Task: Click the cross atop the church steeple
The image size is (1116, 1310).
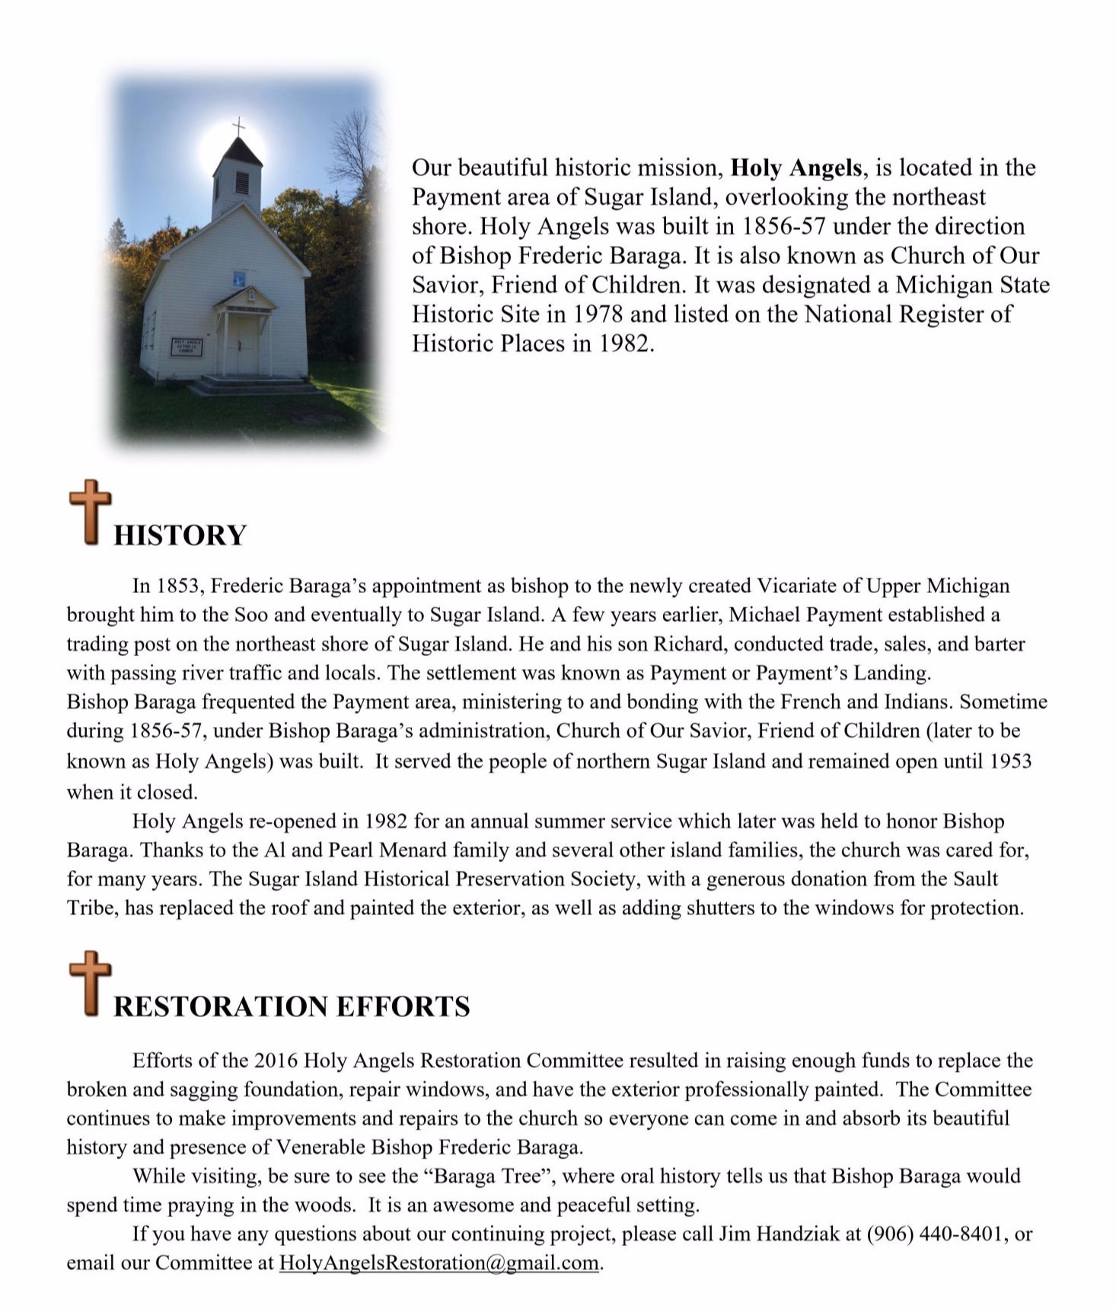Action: pos(239,126)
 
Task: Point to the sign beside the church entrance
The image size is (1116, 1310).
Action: pos(187,346)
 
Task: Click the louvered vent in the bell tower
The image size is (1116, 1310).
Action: pos(242,182)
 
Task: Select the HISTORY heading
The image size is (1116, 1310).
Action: pos(180,535)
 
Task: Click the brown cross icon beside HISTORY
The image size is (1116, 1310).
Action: pos(90,511)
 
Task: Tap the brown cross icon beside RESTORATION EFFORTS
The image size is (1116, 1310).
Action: pos(90,982)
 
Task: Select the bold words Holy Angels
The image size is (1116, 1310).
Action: pos(796,167)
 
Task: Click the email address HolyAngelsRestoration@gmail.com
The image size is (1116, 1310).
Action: pos(439,1263)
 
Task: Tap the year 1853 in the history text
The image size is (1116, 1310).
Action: pos(177,586)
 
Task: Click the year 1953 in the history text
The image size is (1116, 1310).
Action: pos(1010,761)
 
